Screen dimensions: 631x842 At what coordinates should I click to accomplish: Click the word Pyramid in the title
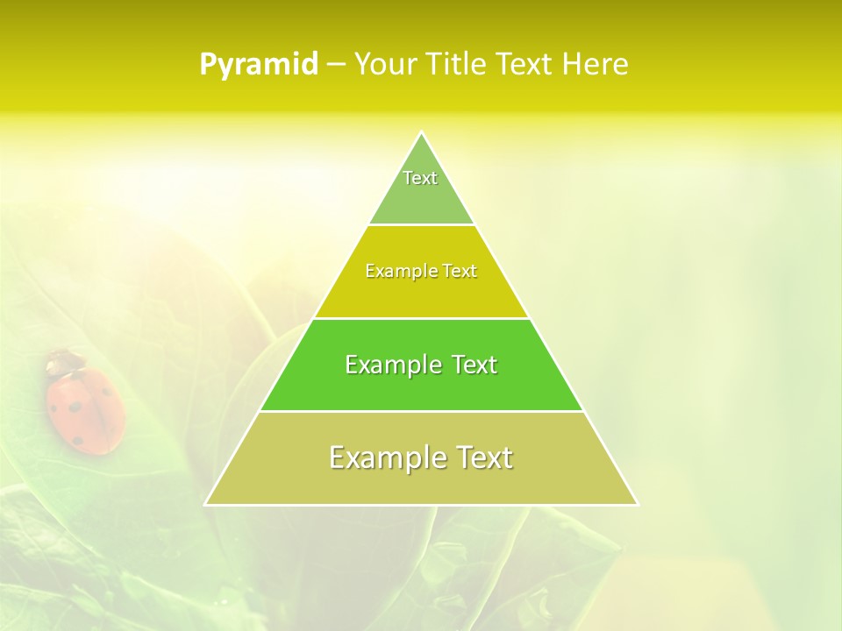tap(258, 65)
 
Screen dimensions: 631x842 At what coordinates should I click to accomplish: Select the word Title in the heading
tap(458, 65)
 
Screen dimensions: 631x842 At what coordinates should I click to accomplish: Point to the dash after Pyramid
tap(335, 66)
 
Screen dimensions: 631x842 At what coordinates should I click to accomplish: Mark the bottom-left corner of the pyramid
tap(206, 504)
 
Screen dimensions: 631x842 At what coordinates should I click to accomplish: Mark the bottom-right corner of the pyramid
tap(638, 504)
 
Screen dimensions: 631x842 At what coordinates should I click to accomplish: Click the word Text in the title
tap(526, 65)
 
